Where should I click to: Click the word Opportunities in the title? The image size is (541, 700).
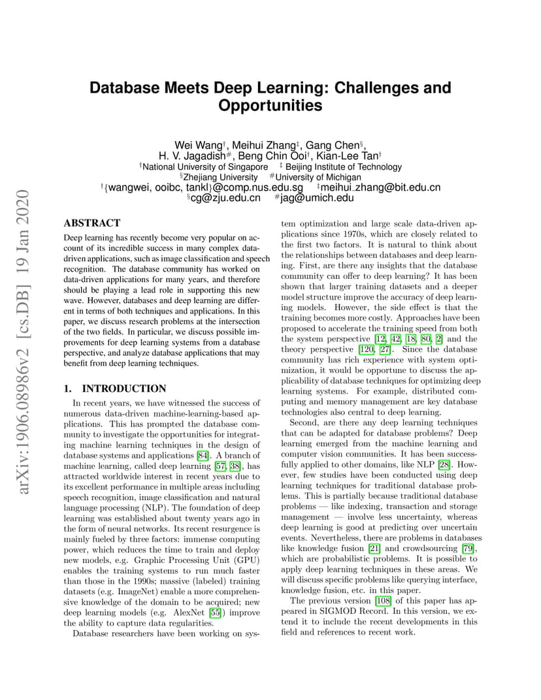(x=270, y=105)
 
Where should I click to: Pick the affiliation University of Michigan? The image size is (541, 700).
(x=318, y=177)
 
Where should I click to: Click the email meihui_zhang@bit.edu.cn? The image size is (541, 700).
(x=381, y=187)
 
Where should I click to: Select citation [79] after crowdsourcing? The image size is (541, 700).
(x=468, y=549)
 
